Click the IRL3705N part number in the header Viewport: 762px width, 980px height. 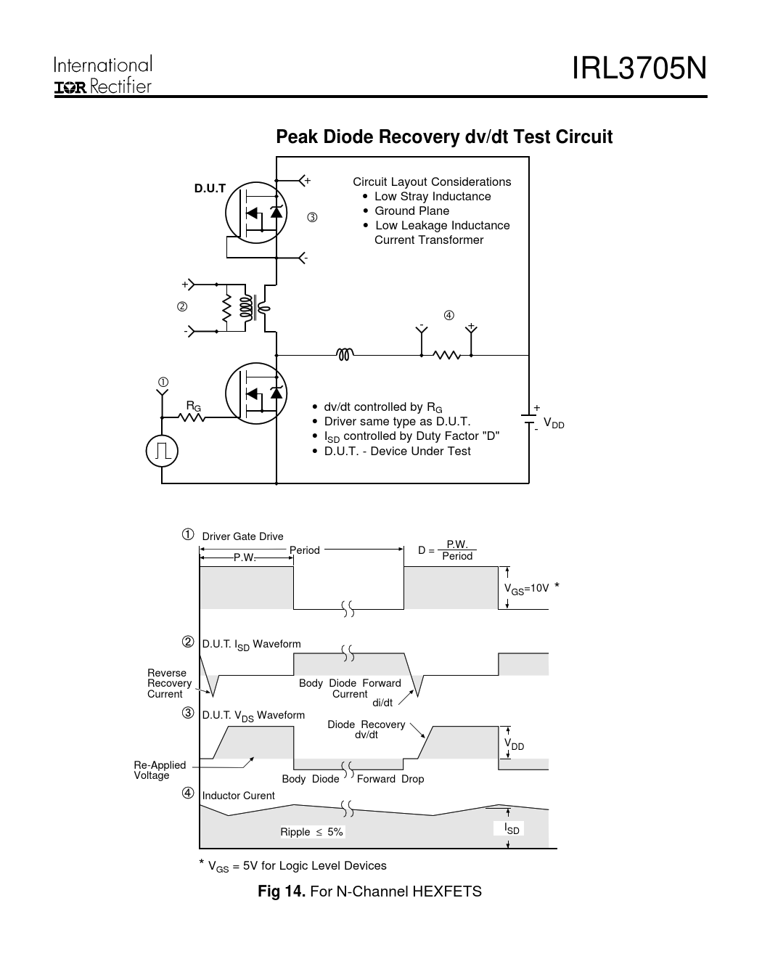(x=639, y=69)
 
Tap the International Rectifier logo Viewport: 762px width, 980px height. (x=103, y=75)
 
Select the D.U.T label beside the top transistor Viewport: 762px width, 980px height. (x=210, y=189)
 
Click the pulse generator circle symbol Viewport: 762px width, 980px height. (x=162, y=452)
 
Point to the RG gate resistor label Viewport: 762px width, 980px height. (x=194, y=406)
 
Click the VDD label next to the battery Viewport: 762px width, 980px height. (x=554, y=423)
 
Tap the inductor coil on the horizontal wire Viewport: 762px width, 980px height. (x=345, y=355)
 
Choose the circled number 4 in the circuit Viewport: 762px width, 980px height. (x=449, y=315)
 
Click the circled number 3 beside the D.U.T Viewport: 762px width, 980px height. (x=312, y=217)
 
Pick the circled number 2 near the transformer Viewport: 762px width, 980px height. (x=182, y=306)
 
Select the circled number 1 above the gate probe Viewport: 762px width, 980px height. (x=163, y=382)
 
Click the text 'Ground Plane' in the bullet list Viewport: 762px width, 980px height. (x=411, y=211)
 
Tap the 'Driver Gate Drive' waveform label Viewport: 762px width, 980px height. (x=242, y=536)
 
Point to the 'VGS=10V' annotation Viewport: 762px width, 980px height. (x=527, y=589)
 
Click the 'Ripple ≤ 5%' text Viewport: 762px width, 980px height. (x=312, y=832)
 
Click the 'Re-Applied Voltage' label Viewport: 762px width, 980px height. (x=160, y=770)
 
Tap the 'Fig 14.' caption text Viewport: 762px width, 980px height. (x=282, y=891)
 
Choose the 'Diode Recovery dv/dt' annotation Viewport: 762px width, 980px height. (x=366, y=730)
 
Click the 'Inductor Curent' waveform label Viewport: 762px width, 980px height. (x=238, y=796)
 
